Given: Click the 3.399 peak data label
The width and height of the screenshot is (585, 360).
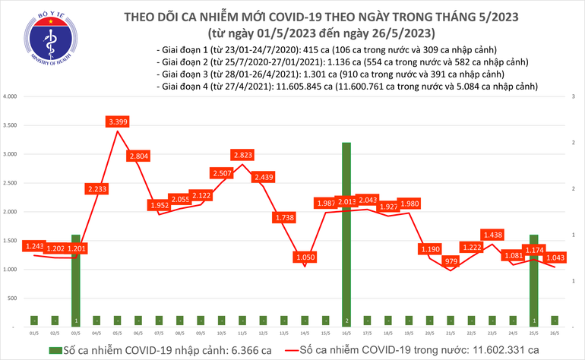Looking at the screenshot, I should click(x=117, y=122).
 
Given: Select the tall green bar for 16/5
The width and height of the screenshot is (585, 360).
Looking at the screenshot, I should click(x=346, y=228).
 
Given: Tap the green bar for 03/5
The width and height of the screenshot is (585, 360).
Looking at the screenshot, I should click(x=75, y=281).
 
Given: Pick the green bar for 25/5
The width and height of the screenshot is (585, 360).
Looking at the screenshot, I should click(x=534, y=281).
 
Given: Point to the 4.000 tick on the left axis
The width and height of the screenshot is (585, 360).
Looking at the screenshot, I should click(x=10, y=97).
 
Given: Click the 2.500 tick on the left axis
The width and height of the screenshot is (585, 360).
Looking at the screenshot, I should click(x=10, y=184).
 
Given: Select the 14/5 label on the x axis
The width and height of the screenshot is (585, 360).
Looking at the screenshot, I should click(x=305, y=333).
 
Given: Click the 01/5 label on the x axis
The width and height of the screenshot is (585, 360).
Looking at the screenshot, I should click(x=34, y=333).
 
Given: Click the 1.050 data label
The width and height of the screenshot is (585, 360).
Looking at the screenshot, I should click(x=305, y=257).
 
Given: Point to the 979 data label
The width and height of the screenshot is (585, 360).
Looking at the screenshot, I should click(x=451, y=261).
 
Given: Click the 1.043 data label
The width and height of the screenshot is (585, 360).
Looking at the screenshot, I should click(x=555, y=258).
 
